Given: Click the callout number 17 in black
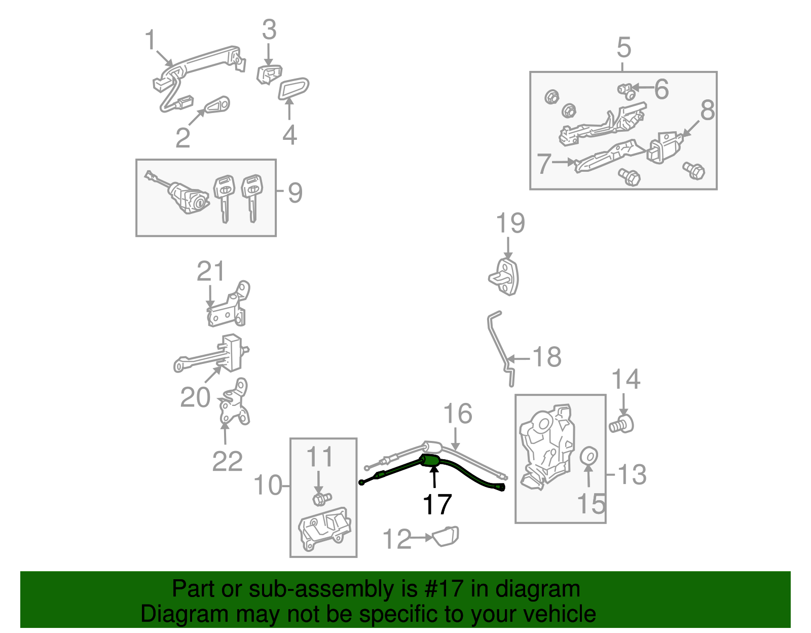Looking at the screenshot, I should point(437,505).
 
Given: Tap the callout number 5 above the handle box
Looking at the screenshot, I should point(623,48).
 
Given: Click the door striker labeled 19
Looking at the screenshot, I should point(506,277).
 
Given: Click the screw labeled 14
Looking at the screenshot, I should point(622,424).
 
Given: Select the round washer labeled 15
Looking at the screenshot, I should point(588,456).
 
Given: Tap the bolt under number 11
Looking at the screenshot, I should point(320,499).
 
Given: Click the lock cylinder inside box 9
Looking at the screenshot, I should point(189,198).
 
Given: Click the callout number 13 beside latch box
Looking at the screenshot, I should point(632,475).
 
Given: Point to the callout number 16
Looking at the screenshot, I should point(458,414).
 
